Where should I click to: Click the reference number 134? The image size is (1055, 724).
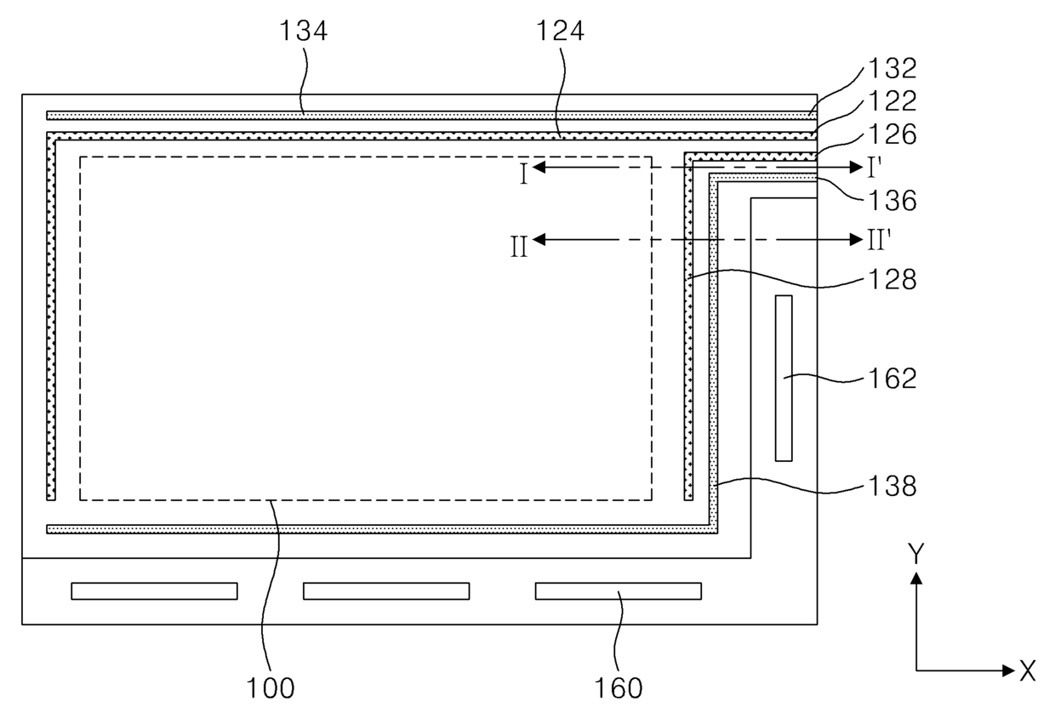pos(303,31)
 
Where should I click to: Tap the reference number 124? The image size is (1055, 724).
pos(560,31)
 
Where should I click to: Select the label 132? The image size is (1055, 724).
pos(892,68)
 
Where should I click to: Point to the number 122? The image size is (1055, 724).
pos(892,100)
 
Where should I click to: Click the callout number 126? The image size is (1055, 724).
pos(892,134)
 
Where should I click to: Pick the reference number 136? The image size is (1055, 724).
pos(892,201)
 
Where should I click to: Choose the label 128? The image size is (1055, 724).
pos(892,279)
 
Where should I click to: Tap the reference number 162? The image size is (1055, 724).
pos(892,379)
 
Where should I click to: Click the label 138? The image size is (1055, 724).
pos(892,486)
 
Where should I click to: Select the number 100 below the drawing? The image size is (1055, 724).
pos(271,688)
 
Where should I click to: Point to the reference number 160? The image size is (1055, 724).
pos(619,688)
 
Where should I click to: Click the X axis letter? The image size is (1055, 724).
pos(1028,670)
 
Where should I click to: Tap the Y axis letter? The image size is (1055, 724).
pos(916,554)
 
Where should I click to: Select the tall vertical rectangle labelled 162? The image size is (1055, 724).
pos(784,379)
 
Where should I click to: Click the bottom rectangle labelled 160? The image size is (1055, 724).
pos(619,591)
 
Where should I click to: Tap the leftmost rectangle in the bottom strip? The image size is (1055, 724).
pos(155,591)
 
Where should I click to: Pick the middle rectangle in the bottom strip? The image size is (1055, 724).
pos(386,591)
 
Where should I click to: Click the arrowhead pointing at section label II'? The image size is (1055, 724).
pos(856,240)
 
